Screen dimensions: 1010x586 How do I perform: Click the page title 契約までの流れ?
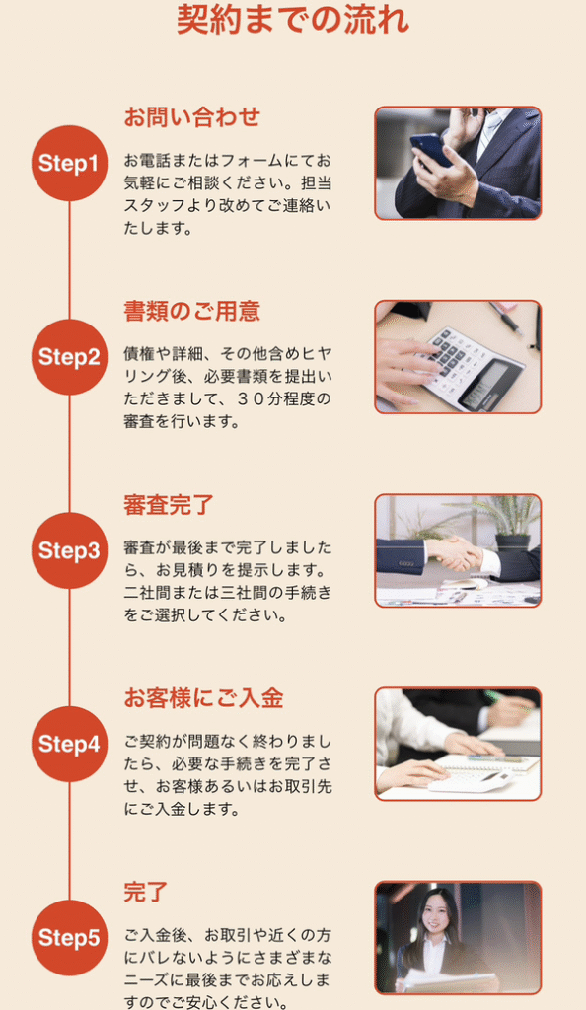(x=293, y=20)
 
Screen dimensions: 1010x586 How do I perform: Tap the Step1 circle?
(x=69, y=164)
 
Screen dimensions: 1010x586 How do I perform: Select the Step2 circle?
(x=69, y=357)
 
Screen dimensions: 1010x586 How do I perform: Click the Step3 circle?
(x=69, y=550)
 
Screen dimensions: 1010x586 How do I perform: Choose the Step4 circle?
(x=69, y=744)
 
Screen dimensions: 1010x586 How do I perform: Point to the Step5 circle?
(x=69, y=938)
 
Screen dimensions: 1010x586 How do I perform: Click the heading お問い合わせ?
(x=191, y=117)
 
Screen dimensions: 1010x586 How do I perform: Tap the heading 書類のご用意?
(x=191, y=312)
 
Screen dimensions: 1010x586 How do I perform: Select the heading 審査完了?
(x=169, y=505)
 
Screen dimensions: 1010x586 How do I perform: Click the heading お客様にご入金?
(x=203, y=699)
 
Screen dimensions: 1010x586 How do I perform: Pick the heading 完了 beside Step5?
(x=146, y=893)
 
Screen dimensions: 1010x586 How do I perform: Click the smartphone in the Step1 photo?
(x=430, y=150)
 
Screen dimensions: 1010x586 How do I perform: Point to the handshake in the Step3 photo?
(x=455, y=554)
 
